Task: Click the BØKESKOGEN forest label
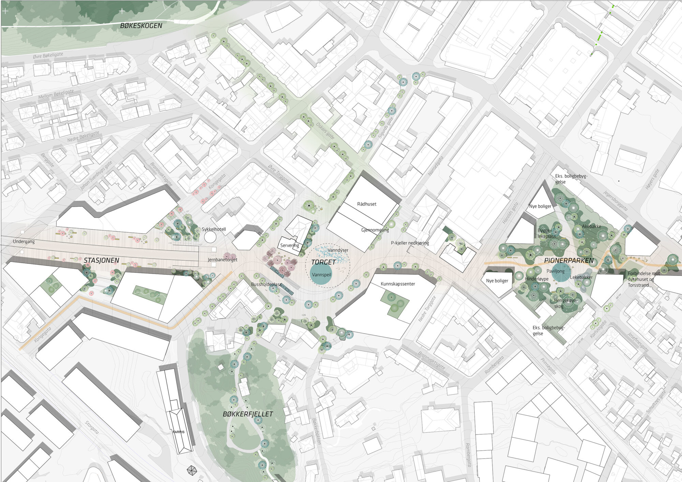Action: [141, 26]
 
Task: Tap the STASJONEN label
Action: [102, 260]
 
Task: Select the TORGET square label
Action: [323, 262]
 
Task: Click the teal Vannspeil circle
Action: [321, 275]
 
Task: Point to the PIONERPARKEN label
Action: [569, 261]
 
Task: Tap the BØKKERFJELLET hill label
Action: [248, 414]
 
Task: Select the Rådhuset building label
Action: [367, 204]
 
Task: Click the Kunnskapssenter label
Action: [398, 284]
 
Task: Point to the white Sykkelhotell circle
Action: [210, 237]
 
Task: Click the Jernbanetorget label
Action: [222, 260]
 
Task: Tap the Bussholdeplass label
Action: [266, 284]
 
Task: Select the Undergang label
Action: [24, 242]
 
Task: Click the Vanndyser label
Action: [338, 250]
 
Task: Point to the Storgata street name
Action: [92, 427]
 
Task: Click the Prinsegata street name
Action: [548, 366]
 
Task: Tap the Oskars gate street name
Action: [325, 131]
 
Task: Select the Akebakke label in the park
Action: [592, 226]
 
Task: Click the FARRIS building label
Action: [178, 432]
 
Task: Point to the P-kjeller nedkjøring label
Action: [410, 243]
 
